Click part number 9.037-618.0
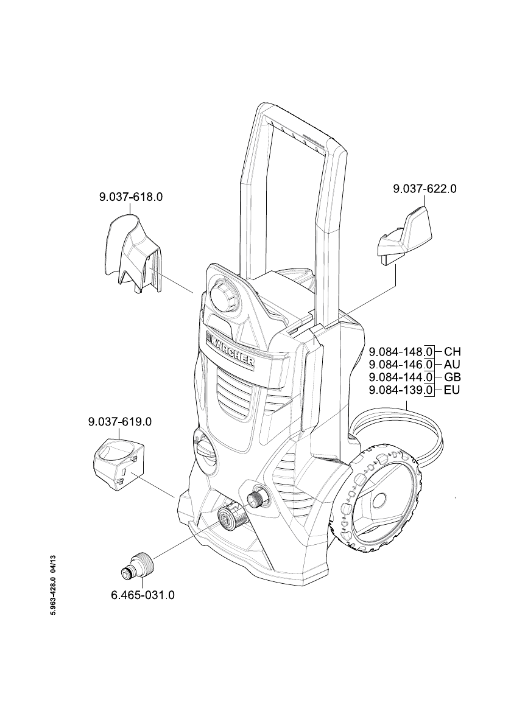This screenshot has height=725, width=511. (131, 197)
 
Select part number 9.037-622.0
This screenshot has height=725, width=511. (425, 189)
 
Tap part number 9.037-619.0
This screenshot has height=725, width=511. (120, 422)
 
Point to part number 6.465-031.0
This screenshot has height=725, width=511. (143, 595)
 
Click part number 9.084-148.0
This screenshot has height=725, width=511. (401, 351)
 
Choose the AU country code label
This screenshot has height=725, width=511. (452, 365)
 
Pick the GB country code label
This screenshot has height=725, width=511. (452, 377)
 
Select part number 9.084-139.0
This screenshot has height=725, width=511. (401, 390)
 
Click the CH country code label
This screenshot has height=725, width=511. (453, 351)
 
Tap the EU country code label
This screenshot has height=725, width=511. (452, 390)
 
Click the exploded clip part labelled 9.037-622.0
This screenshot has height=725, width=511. (403, 239)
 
